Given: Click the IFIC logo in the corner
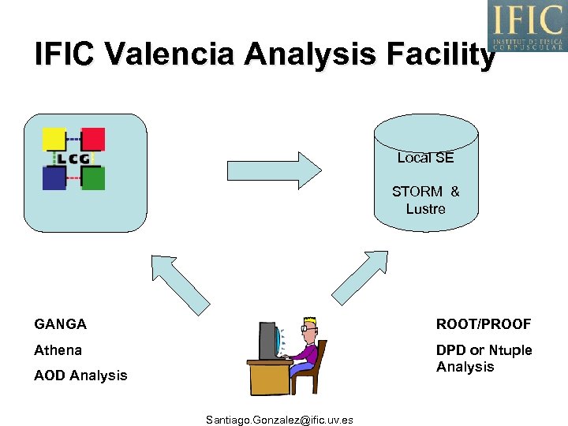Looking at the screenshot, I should (527, 25).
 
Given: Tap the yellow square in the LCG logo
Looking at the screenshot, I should (54, 140).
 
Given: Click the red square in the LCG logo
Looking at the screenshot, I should (93, 139).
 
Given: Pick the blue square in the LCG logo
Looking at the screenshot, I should (54, 178).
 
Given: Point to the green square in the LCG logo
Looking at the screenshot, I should (93, 178).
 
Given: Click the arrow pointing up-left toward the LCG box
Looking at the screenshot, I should (179, 282).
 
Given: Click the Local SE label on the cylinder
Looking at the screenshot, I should (425, 158).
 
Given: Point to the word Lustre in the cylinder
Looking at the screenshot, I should (425, 209).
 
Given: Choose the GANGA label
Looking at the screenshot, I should (61, 324).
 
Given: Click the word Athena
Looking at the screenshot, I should (58, 349).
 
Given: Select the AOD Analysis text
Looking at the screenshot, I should (80, 376).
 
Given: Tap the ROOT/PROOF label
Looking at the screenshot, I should (484, 324).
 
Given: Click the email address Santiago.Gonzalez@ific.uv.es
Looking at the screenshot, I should (279, 420).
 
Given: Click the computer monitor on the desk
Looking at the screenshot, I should (269, 341).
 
